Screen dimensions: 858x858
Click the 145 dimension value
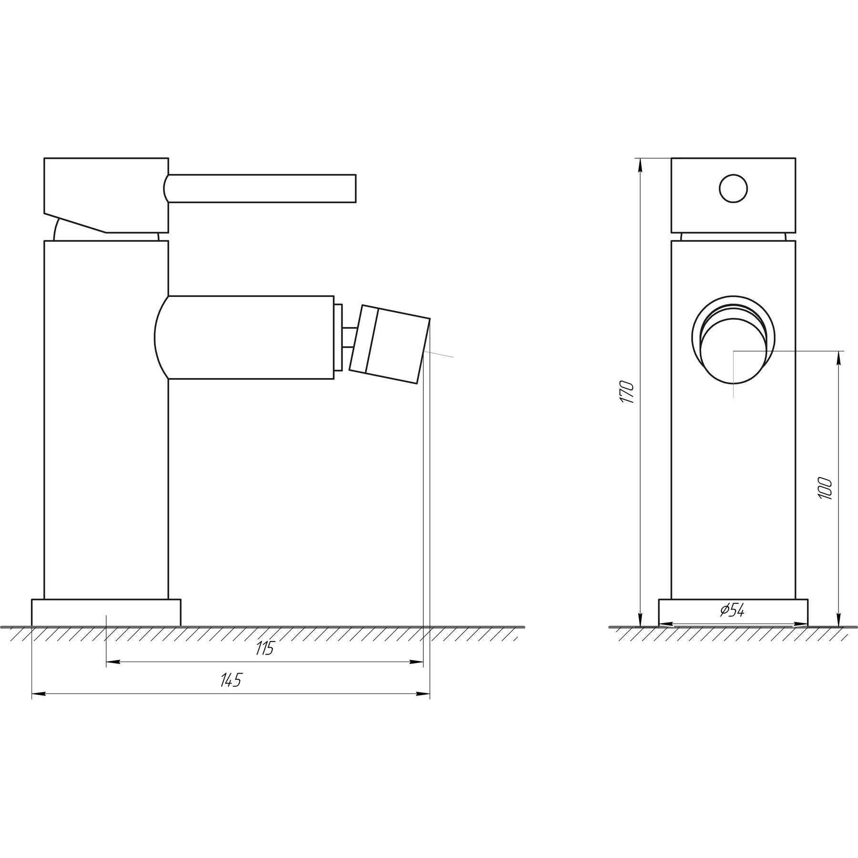point(231,681)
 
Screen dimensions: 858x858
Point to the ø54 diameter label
point(732,611)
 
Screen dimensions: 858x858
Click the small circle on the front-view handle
point(733,189)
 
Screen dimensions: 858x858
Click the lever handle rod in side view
point(262,189)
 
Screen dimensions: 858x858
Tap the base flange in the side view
point(106,612)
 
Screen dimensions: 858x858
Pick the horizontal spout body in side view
point(248,337)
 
